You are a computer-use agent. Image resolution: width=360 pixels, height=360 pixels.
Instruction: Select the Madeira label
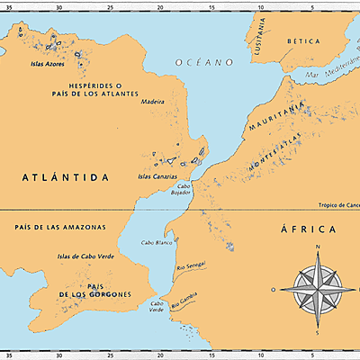[x=154, y=103]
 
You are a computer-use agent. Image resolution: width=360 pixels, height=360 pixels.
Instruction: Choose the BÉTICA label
[x=302, y=41]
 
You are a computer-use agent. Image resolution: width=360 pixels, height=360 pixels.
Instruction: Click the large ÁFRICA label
[x=309, y=230]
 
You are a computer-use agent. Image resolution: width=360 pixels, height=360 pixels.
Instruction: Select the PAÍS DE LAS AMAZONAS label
[x=61, y=227]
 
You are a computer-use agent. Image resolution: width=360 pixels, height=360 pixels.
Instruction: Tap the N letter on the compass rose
[x=318, y=245]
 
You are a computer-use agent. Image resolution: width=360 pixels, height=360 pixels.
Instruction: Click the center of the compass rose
[x=318, y=289]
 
